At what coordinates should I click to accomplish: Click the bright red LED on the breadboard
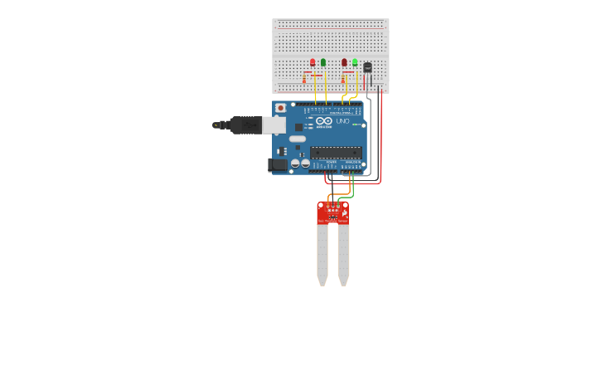click(x=313, y=62)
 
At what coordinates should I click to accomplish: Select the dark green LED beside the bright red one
click(x=323, y=62)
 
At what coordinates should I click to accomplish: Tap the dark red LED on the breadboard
click(x=344, y=62)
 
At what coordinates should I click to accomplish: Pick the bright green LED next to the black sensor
click(x=355, y=62)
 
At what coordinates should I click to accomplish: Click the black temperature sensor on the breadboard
click(x=367, y=67)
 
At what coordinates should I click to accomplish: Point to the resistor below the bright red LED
click(x=305, y=80)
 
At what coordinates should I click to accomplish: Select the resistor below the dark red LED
click(x=342, y=80)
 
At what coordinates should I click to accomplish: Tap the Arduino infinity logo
click(x=323, y=121)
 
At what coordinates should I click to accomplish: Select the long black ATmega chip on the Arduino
click(x=336, y=152)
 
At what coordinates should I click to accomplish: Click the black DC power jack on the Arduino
click(x=278, y=164)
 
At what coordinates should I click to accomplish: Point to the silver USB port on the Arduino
click(x=274, y=125)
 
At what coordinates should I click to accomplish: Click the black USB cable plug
click(x=246, y=125)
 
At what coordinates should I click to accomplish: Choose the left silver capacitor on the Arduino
click(x=295, y=164)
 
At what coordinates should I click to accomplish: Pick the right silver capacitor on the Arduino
click(x=305, y=164)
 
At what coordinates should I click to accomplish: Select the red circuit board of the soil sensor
click(x=332, y=213)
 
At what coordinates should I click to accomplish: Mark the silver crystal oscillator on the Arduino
click(x=298, y=139)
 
